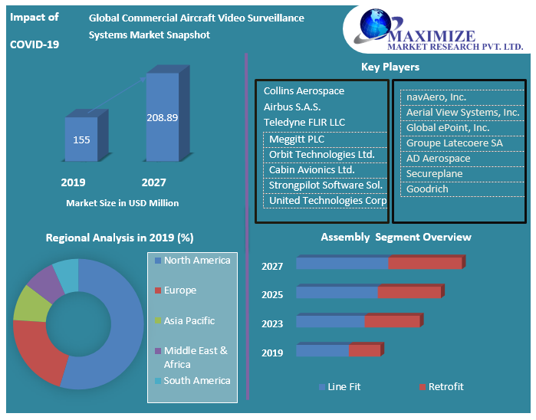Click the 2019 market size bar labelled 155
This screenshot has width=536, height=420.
[81, 139]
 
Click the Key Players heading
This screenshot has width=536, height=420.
[390, 67]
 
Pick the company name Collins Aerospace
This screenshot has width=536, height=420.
[304, 90]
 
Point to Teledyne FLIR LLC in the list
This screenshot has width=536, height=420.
[304, 123]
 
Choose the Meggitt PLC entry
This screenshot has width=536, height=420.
[296, 139]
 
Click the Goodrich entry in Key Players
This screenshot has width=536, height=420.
[427, 189]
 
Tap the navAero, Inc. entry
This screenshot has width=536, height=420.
[436, 97]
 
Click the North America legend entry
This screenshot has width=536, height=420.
[196, 261]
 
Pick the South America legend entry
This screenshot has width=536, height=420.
[196, 381]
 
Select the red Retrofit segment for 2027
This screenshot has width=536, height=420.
[425, 264]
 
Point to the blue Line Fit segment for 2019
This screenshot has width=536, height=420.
[323, 350]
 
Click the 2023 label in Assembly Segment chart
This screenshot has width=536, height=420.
[272, 324]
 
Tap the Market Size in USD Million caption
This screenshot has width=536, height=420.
[123, 203]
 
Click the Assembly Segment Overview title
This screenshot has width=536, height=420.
[396, 238]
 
